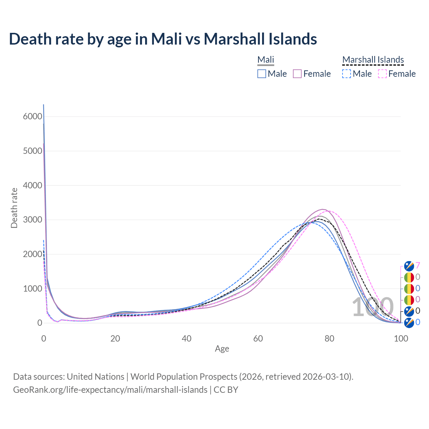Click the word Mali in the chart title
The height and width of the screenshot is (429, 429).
coord(166,39)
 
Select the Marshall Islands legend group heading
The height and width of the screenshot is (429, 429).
coord(373,60)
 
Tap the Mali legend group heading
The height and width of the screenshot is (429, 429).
coord(266,60)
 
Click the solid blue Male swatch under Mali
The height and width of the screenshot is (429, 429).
coord(262,74)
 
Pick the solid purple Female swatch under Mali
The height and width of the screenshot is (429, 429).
coord(297,74)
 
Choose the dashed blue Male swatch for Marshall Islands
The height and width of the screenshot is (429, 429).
coord(347,74)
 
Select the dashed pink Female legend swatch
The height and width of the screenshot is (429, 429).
coord(382,74)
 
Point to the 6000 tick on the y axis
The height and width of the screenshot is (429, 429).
coord(33,117)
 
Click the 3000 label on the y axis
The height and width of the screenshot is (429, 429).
coord(33,220)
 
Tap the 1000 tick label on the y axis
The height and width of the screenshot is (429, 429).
coord(33,289)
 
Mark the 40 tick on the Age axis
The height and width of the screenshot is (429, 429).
coord(186,339)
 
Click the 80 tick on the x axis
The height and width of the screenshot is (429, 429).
coord(329,339)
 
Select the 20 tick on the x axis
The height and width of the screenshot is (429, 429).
coord(115,339)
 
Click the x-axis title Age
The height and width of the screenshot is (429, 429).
coord(222,349)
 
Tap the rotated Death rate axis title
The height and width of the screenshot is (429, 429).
coord(14,208)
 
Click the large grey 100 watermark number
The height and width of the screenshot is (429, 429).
coord(372,307)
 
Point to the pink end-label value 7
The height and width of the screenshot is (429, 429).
coord(418,266)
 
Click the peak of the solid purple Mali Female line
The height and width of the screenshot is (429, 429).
coord(322,209)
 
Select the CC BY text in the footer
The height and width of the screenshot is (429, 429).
coord(226,390)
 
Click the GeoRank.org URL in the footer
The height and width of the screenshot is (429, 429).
coord(110,390)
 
